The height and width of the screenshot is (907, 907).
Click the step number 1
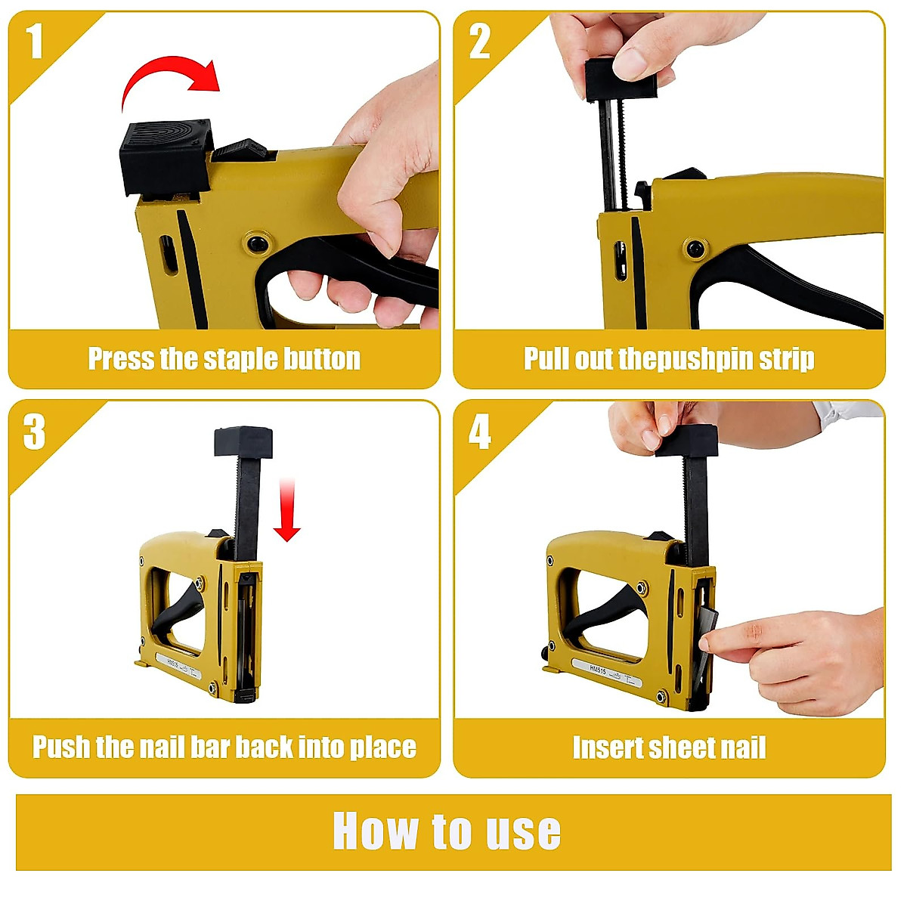point(34,42)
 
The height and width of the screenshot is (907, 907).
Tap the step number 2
point(480,42)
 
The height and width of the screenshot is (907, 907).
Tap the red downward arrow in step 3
point(286,510)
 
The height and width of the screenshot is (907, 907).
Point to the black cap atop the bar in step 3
point(243,441)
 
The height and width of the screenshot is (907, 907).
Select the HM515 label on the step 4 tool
point(598,669)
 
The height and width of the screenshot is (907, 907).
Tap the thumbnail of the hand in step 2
point(630,63)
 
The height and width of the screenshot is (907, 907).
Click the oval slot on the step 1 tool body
point(168,254)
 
